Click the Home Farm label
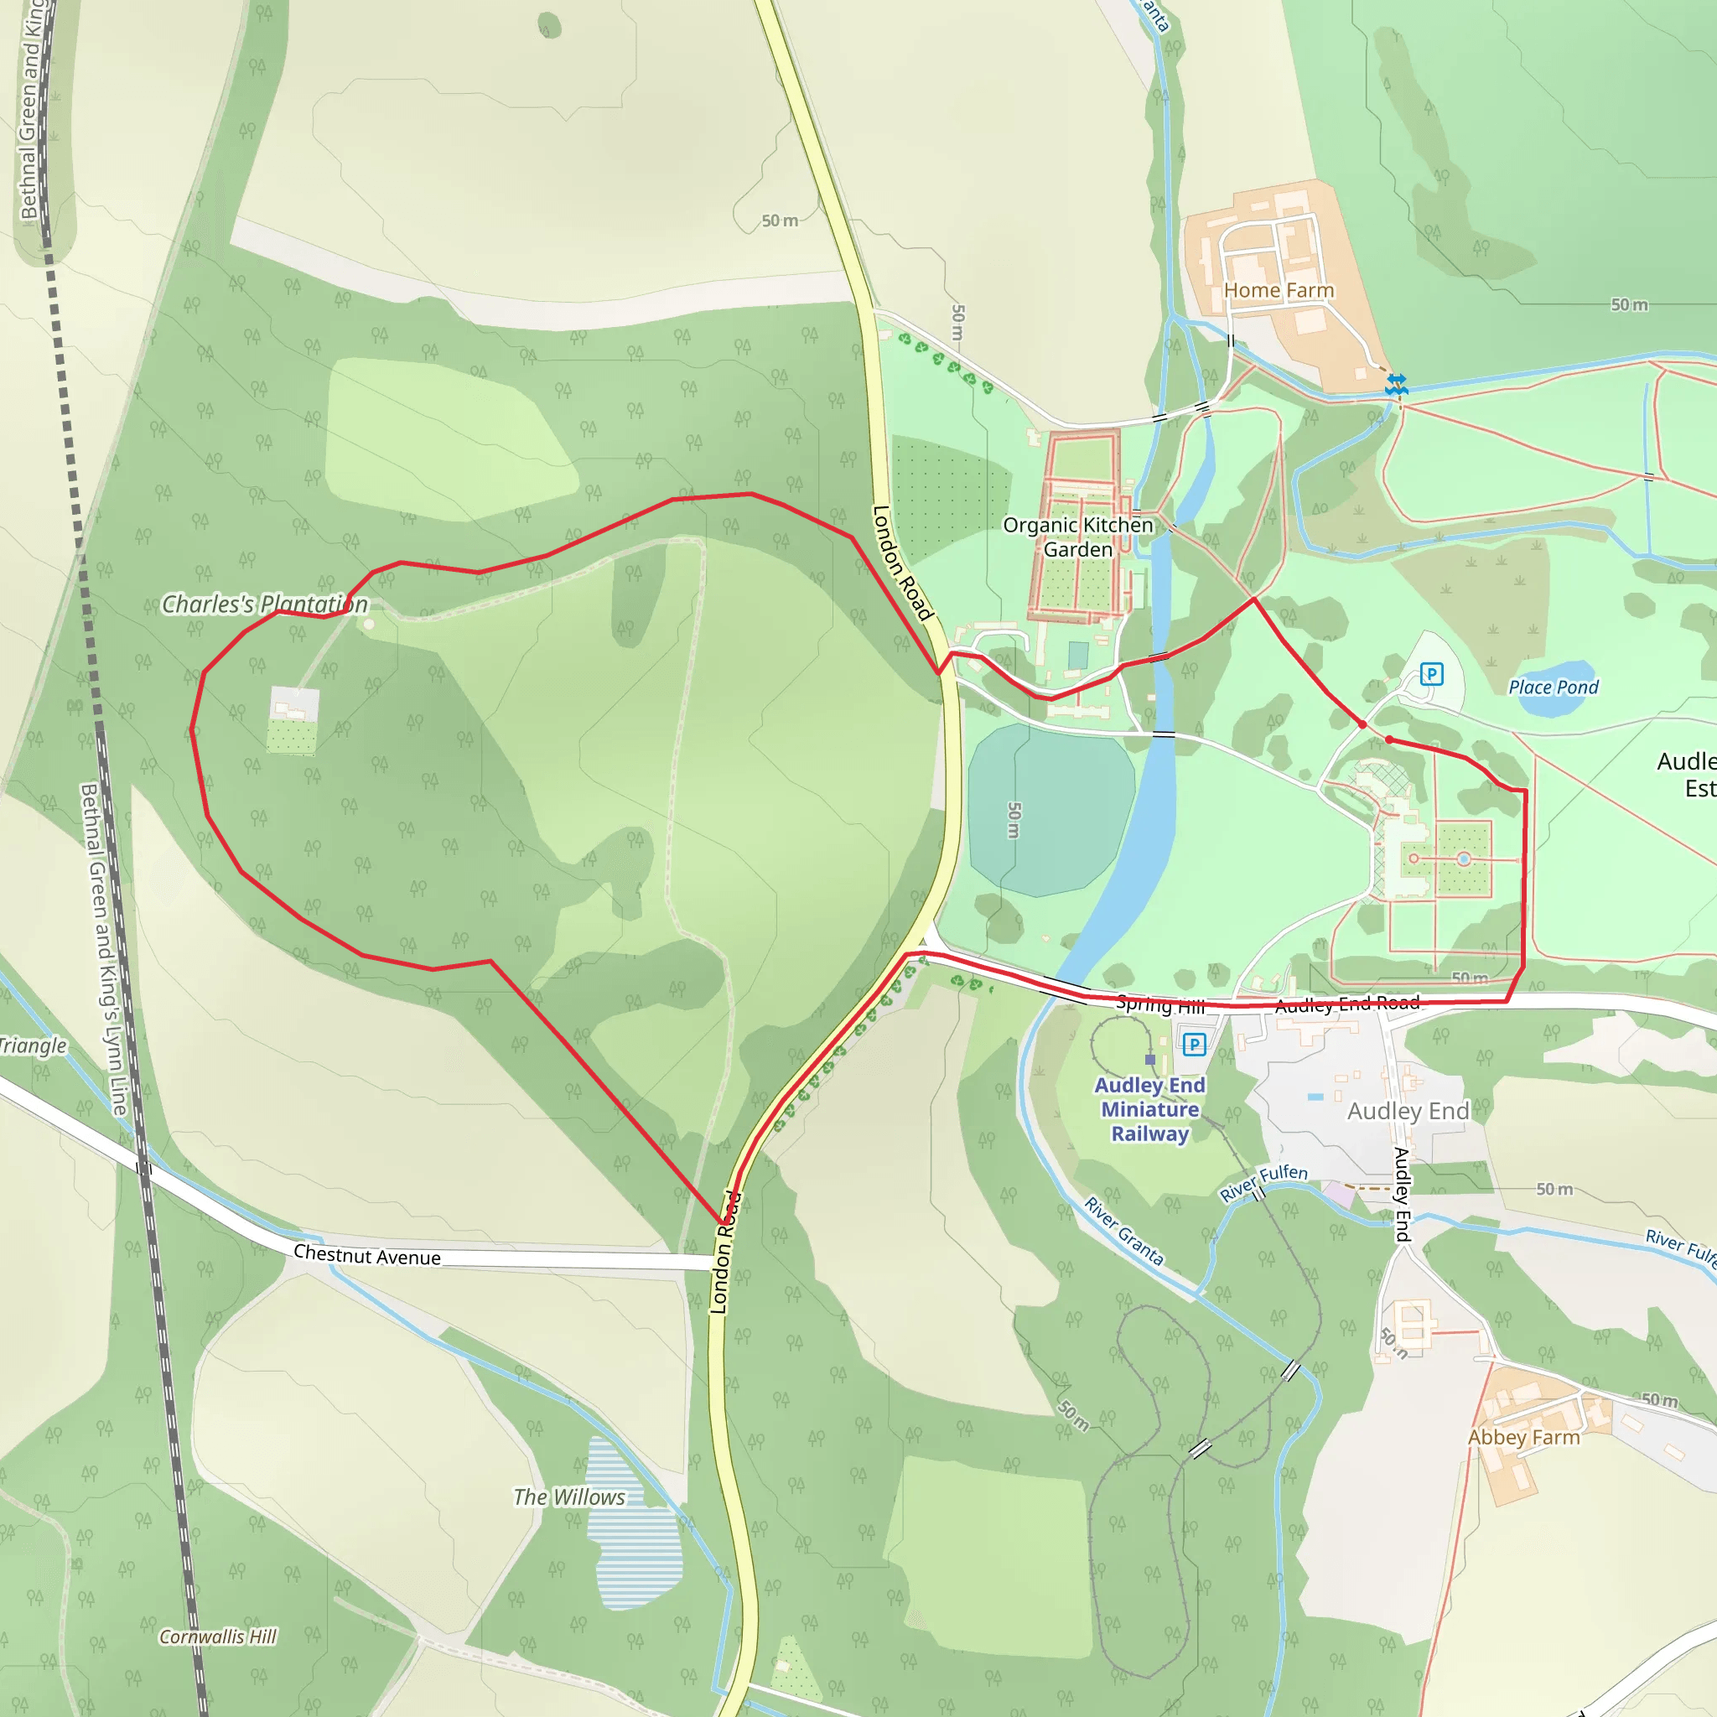(x=1278, y=291)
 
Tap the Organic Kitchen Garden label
(x=1077, y=537)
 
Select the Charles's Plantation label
(x=264, y=604)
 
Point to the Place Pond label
(x=1553, y=687)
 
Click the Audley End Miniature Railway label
(x=1149, y=1109)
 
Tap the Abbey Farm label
(x=1523, y=1437)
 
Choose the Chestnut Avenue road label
(x=366, y=1256)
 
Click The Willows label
(x=568, y=1497)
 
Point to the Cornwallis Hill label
(x=218, y=1637)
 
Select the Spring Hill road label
(x=1159, y=1005)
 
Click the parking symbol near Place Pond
(x=1431, y=674)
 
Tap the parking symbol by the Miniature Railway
(x=1195, y=1045)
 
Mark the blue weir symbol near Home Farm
(x=1396, y=385)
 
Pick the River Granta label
(x=1123, y=1231)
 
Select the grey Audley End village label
(x=1408, y=1111)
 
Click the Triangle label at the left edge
(x=33, y=1046)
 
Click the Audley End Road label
(x=1346, y=1004)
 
